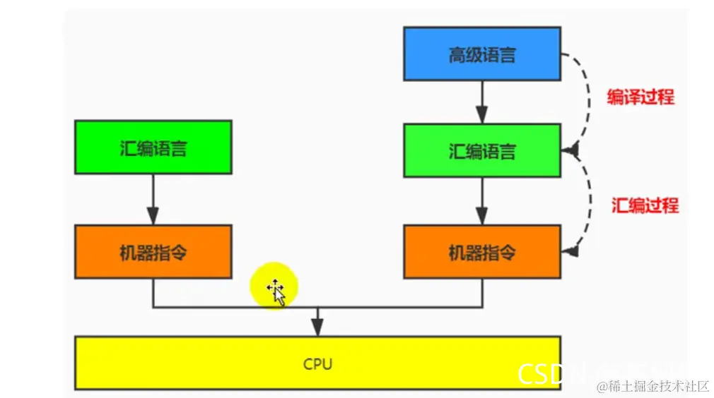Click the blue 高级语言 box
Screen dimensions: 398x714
[481, 54]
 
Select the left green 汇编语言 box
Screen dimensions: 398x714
[153, 147]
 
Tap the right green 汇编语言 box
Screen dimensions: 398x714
[481, 150]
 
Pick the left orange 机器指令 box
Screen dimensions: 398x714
[153, 251]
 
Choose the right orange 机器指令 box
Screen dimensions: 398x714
[481, 251]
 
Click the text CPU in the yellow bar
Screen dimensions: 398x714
[317, 364]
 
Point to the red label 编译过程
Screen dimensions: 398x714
[640, 97]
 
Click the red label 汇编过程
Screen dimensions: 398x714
[644, 205]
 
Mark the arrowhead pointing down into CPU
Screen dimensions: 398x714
[317, 327]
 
